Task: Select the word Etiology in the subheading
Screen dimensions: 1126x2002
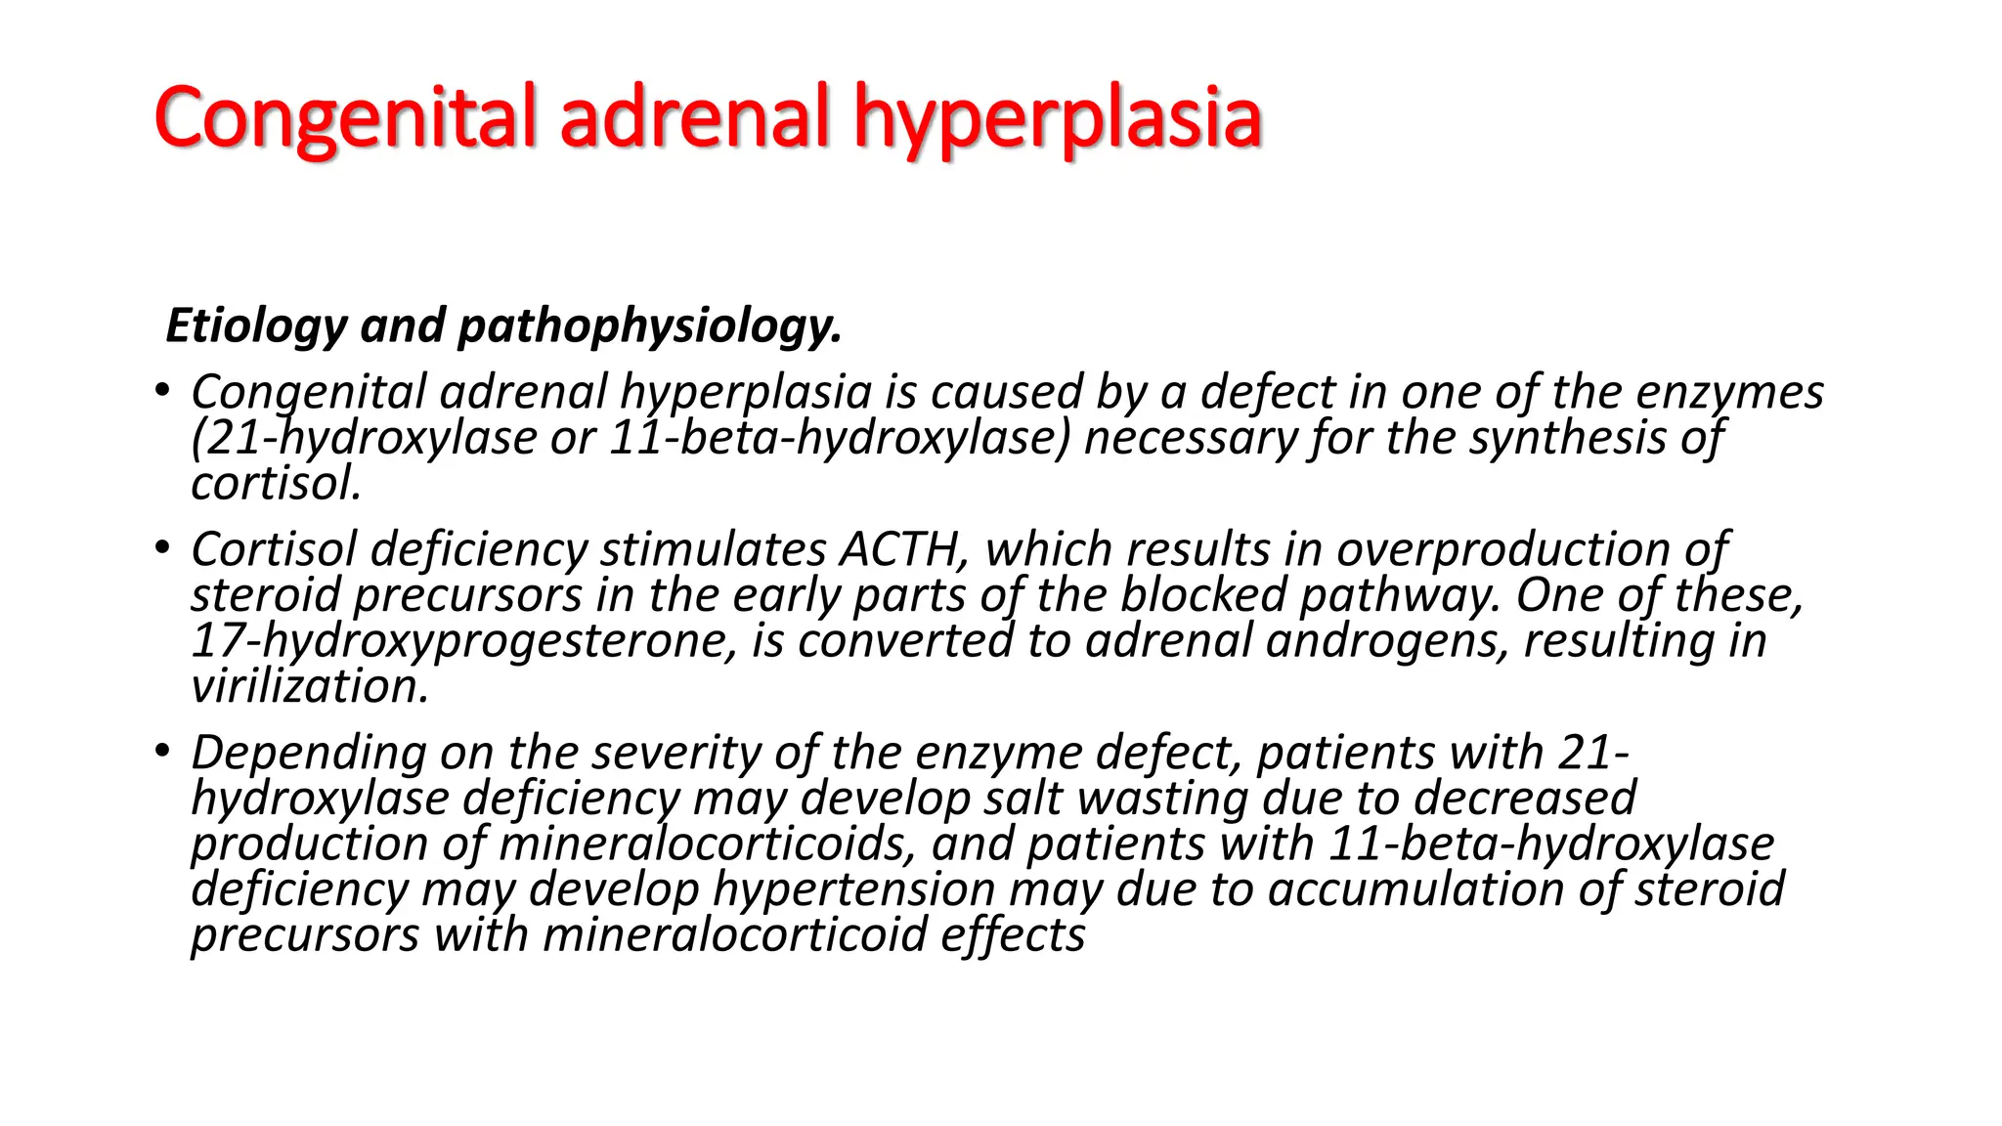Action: [x=256, y=325]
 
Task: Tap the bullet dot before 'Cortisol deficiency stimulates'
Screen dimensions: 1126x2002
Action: [x=162, y=549]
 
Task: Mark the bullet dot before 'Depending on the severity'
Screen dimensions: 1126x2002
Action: [x=162, y=752]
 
